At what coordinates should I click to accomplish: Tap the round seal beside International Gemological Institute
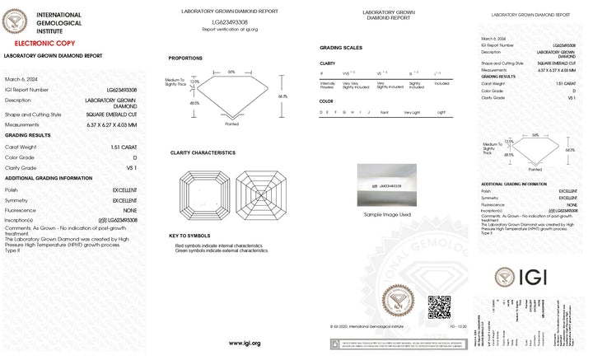coord(16,21)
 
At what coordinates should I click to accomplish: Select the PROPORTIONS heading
coord(185,58)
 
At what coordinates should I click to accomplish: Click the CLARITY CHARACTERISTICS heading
coord(203,152)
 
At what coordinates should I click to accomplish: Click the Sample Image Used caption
coord(387,214)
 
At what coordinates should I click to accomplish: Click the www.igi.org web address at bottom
coord(245,343)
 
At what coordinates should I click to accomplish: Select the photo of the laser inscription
coord(387,186)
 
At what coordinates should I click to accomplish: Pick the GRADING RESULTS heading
coord(28,135)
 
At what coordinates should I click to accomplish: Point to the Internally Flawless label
coord(327,84)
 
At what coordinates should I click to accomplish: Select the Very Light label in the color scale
coord(411,112)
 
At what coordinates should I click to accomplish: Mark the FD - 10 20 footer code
coord(458,327)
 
